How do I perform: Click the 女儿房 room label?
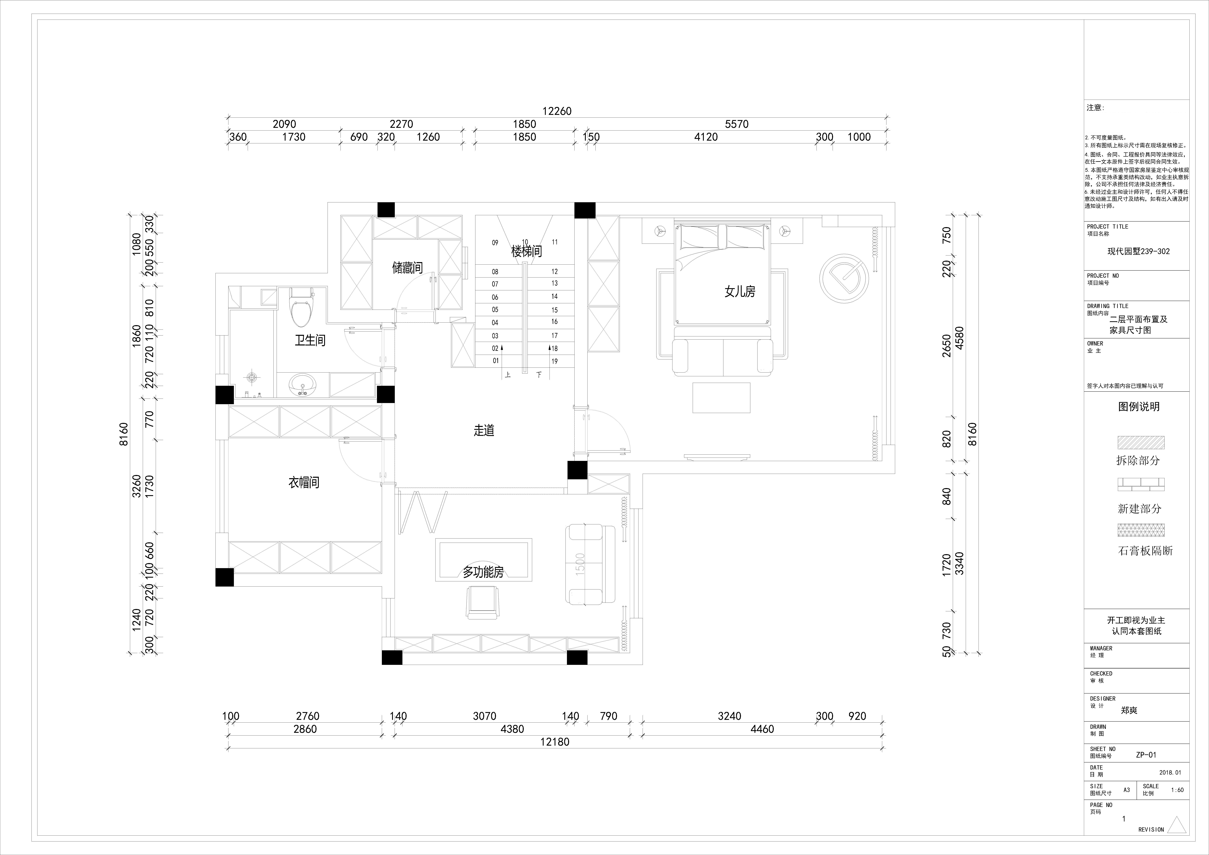(740, 291)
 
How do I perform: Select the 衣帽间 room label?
(304, 482)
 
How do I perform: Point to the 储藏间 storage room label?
(407, 268)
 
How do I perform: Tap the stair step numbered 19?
(554, 361)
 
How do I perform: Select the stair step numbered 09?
(495, 243)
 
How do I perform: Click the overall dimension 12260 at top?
(557, 111)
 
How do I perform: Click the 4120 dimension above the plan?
(706, 137)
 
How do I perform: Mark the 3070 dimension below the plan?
(484, 716)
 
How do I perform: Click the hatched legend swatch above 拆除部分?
(1141, 442)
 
